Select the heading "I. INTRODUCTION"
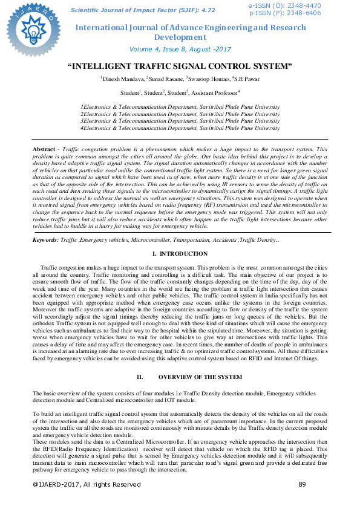point(180,270)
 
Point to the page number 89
point(303,484)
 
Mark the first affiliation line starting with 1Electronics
point(180,106)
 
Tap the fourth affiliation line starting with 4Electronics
point(180,128)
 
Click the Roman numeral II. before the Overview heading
point(140,377)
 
